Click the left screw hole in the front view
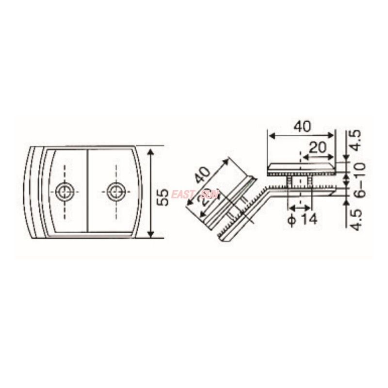(x=65, y=192)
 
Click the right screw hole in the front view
(x=115, y=192)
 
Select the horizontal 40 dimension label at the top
(x=302, y=127)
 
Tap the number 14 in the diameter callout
(x=307, y=220)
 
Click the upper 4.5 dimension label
(x=356, y=141)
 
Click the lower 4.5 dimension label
(x=356, y=219)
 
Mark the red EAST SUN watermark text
(x=195, y=194)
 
